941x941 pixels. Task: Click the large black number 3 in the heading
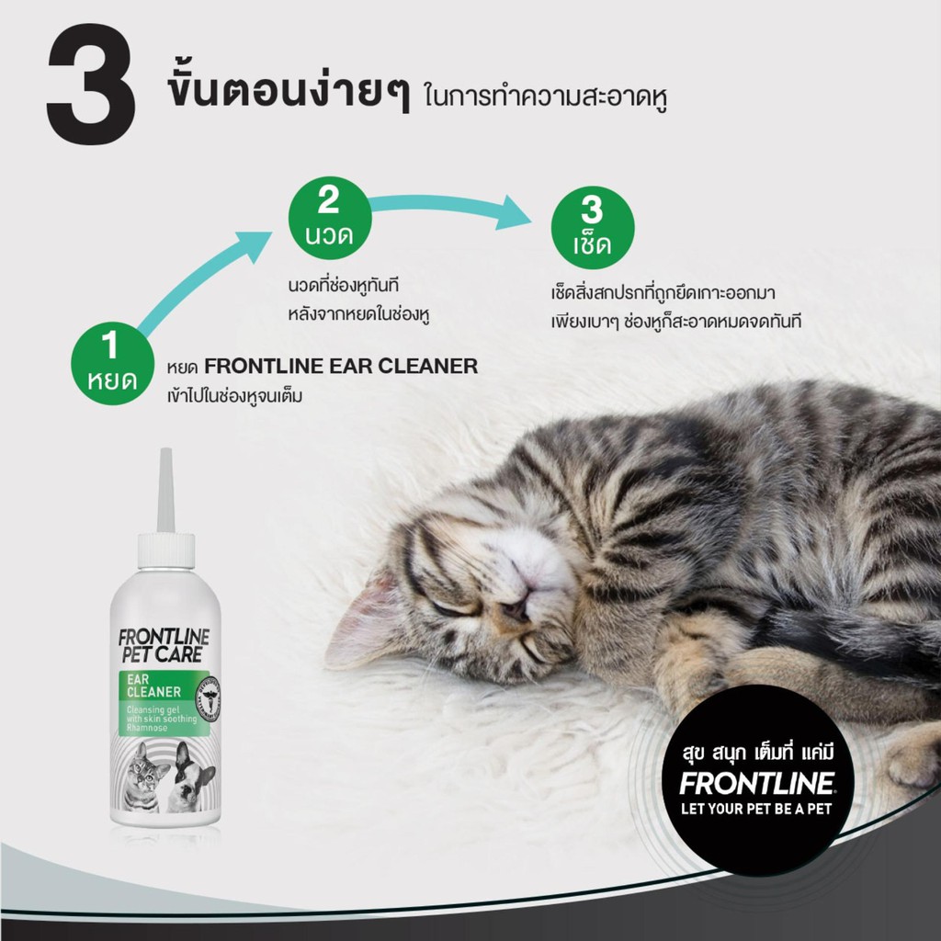91,84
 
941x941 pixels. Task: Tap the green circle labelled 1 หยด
112,364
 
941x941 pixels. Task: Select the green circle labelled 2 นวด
330,218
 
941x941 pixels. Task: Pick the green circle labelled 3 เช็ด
593,228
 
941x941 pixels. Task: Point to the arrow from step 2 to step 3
450,207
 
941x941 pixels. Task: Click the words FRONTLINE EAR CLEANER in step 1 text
341,366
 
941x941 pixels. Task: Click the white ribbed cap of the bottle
165,550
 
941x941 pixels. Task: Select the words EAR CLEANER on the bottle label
153,686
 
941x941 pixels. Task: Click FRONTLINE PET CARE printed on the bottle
164,646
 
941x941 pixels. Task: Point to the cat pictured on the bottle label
142,777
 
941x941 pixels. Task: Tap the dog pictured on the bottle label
190,777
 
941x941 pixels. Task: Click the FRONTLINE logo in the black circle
757,783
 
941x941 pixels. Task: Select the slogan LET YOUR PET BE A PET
757,809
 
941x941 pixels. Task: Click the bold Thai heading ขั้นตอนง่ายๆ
289,90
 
